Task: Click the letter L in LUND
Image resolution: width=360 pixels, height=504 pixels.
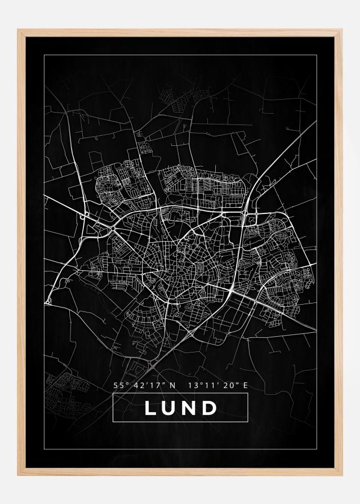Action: (150, 408)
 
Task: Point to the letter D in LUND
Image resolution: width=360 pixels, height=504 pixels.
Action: (210, 408)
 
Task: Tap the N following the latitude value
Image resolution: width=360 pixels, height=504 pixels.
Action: (172, 386)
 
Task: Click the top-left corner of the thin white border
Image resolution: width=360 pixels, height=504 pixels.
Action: (45, 54)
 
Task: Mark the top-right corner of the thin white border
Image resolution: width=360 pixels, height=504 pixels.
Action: (316, 54)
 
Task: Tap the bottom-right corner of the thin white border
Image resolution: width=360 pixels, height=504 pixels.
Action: (316, 450)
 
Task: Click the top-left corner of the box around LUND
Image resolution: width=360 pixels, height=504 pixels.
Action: (113, 394)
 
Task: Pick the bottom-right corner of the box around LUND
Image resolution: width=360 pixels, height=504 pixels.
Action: (248, 421)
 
